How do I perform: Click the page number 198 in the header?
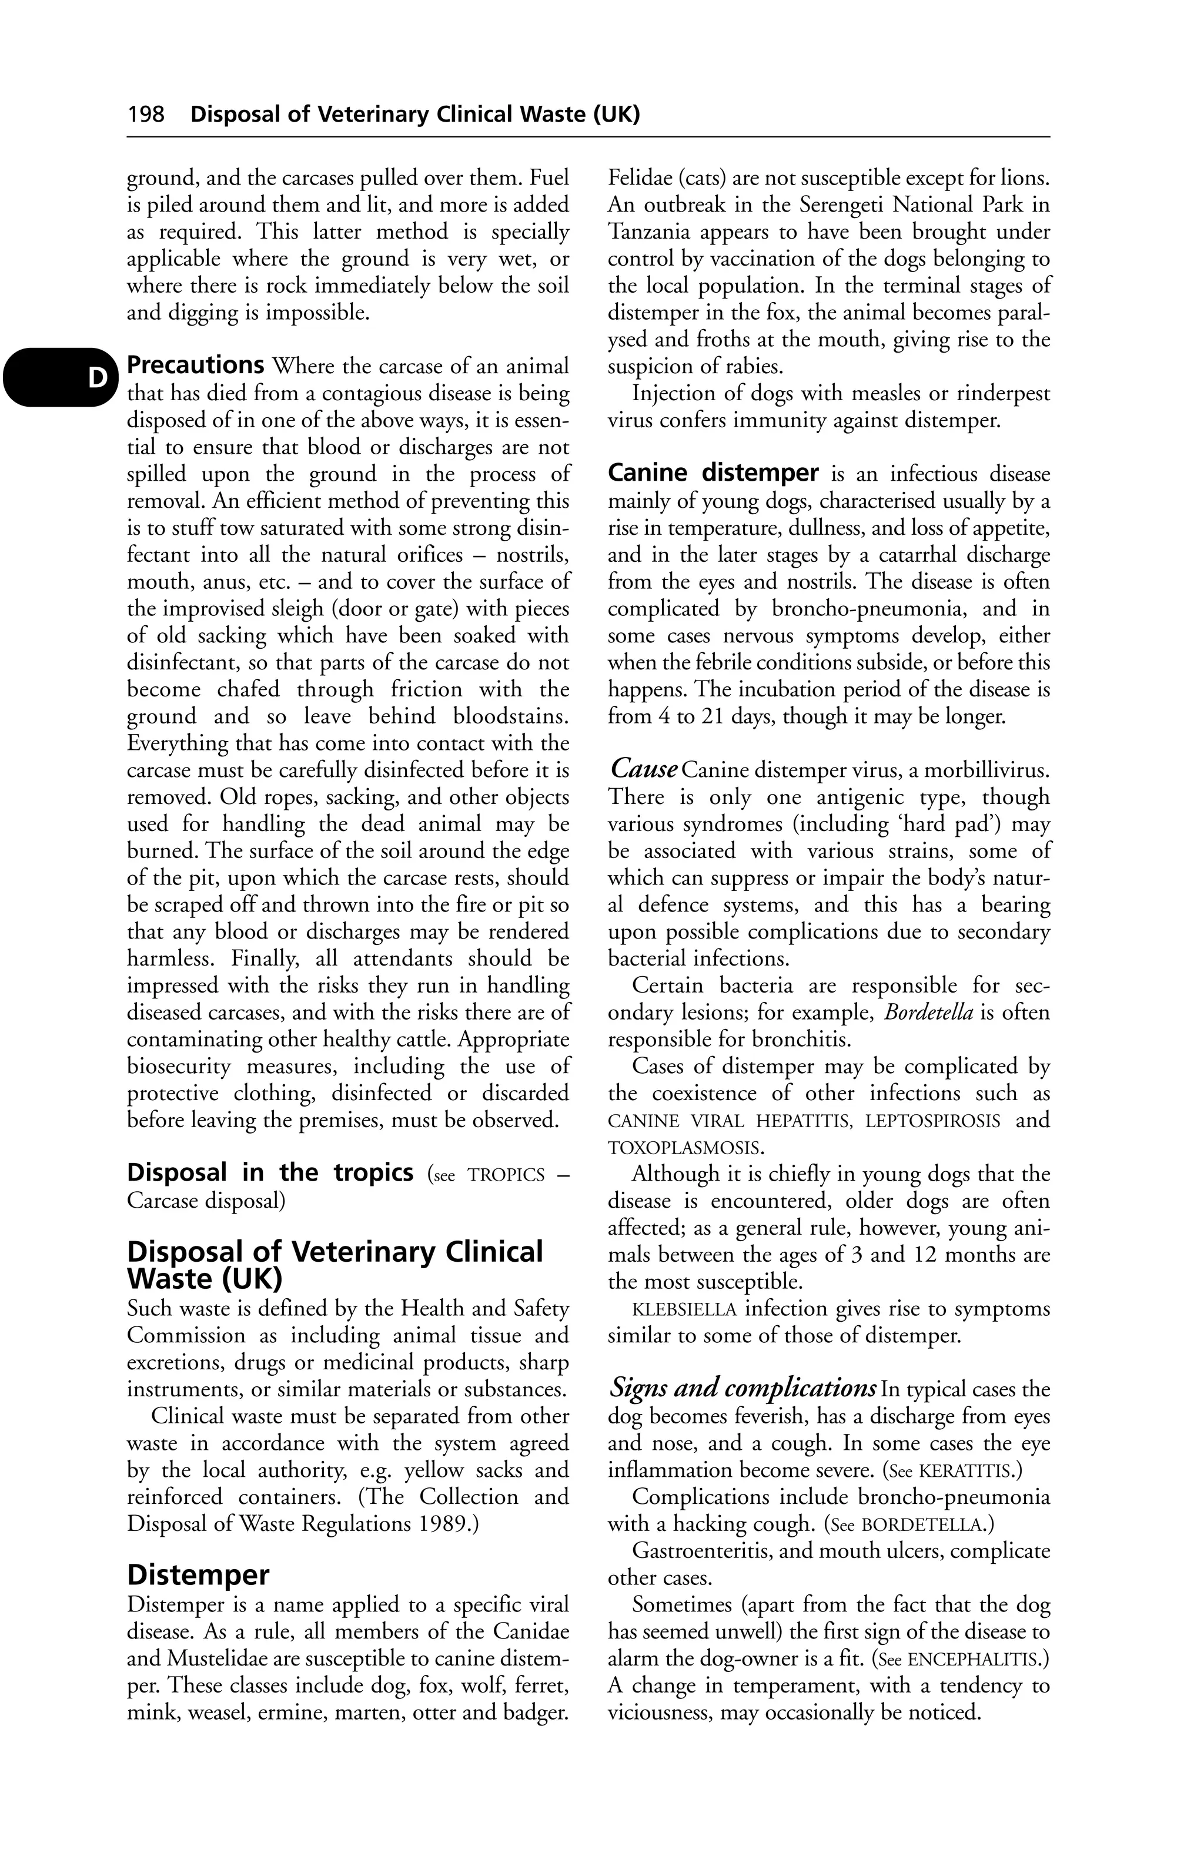146,115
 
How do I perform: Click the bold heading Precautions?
195,365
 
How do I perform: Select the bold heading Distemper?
198,1574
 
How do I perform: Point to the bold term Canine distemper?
713,473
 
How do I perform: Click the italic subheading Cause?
643,769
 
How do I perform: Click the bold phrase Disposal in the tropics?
270,1172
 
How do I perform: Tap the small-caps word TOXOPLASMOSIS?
684,1148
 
